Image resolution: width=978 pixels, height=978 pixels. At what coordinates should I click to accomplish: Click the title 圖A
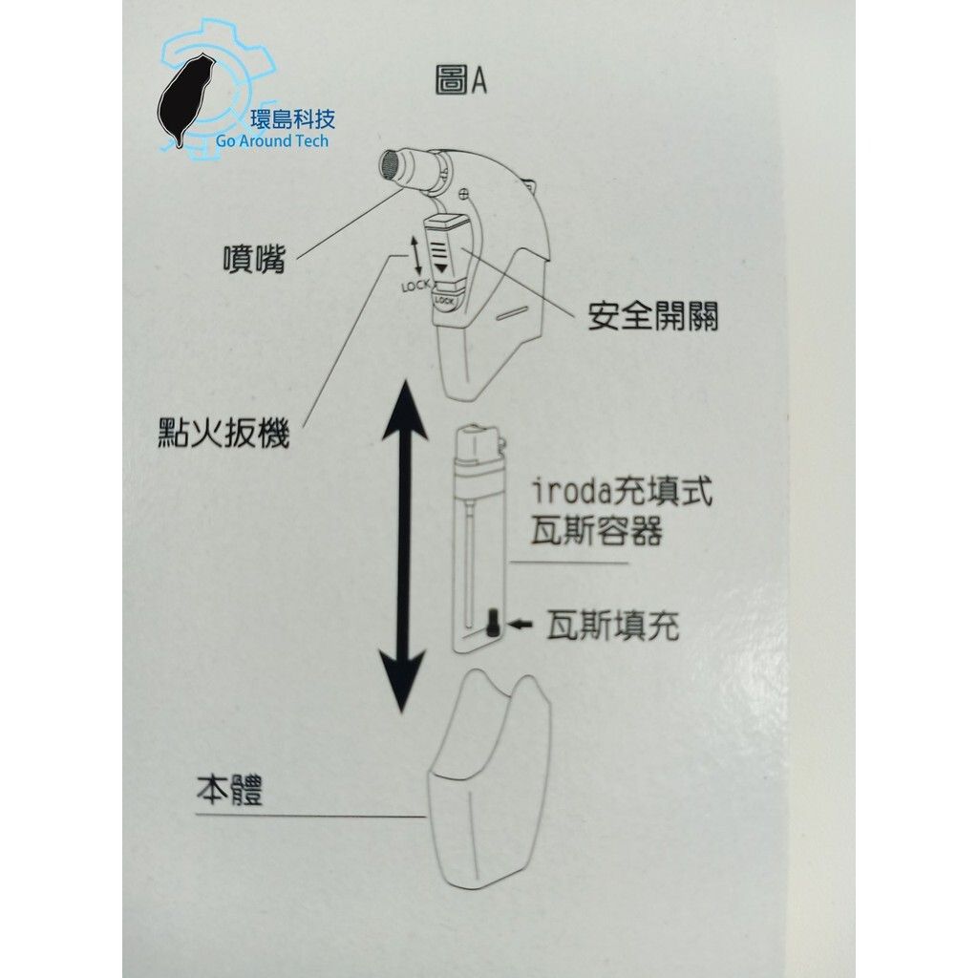coord(460,82)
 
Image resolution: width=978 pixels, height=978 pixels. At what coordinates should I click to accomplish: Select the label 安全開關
coord(652,317)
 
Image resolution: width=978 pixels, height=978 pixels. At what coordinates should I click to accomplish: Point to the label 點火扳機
coord(223,434)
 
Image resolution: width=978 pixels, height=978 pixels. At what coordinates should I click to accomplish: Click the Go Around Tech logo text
coord(272,141)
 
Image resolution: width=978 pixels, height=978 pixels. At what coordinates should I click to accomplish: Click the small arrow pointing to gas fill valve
coord(521,625)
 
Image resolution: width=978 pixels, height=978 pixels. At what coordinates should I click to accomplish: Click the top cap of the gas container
coord(480,446)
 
